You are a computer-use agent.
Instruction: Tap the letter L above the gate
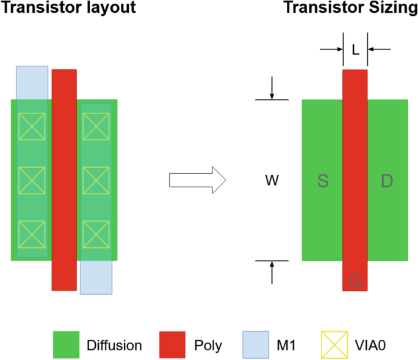click(355, 50)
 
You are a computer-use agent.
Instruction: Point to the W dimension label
click(272, 181)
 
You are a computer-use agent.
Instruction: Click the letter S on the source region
click(323, 181)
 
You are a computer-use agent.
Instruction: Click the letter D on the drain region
click(387, 181)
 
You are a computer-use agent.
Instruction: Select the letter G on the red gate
click(355, 281)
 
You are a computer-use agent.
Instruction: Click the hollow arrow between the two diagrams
click(197, 181)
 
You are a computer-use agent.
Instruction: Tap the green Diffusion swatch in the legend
click(67, 345)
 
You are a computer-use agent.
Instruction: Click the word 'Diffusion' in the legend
click(114, 345)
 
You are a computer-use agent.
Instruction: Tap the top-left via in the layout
click(32, 126)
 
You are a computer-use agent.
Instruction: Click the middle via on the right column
click(96, 179)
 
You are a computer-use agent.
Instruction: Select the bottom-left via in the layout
click(32, 233)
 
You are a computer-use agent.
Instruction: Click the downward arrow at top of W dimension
click(272, 90)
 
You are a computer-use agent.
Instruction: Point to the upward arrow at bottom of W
click(272, 271)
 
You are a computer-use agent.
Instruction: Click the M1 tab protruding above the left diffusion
click(32, 82)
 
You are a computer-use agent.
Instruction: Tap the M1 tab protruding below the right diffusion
click(96, 278)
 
